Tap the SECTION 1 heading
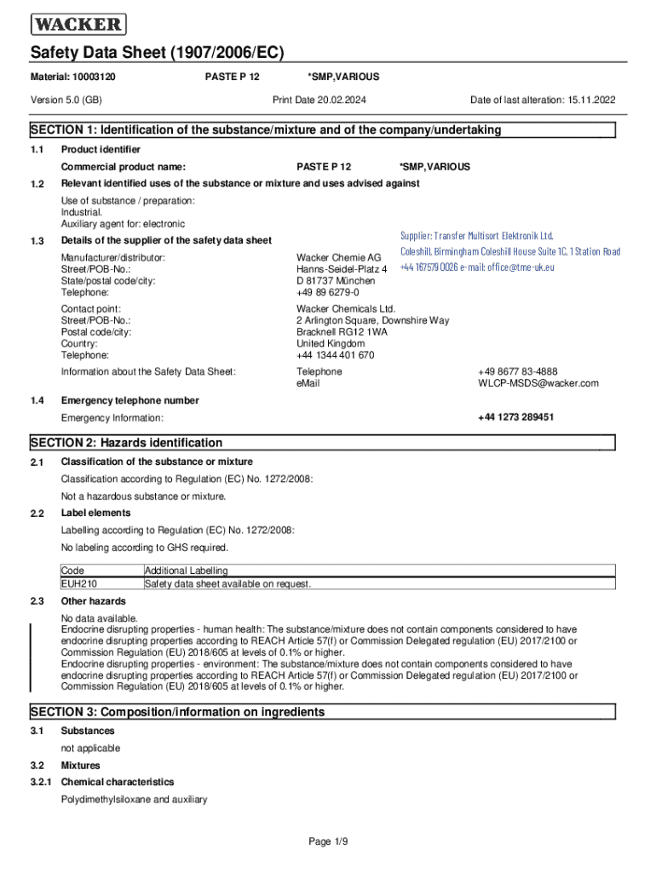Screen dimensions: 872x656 click(x=266, y=130)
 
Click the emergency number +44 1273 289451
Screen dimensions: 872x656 click(x=516, y=417)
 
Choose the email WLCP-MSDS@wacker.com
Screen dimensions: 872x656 click(x=538, y=383)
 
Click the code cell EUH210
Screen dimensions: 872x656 click(x=78, y=584)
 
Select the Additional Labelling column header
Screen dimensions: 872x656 click(x=187, y=571)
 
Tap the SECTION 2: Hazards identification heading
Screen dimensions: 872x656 click(x=127, y=443)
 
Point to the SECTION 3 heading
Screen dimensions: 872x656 click(x=178, y=712)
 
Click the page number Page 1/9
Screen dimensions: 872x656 click(x=328, y=842)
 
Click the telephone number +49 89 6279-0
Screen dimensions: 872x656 click(x=328, y=292)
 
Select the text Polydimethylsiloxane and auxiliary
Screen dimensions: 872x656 click(x=134, y=800)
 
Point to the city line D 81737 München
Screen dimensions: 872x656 click(x=336, y=280)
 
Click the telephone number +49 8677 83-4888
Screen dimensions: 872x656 click(x=518, y=371)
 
